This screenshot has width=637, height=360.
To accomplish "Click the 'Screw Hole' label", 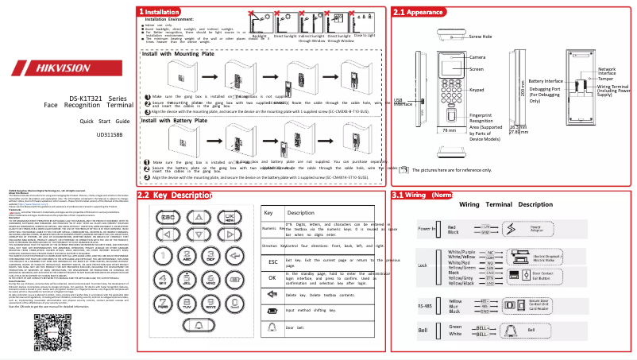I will point(481,37).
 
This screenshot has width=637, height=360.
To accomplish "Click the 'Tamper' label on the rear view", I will point(606,79).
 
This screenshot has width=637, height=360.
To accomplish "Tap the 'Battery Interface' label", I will point(546,81).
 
